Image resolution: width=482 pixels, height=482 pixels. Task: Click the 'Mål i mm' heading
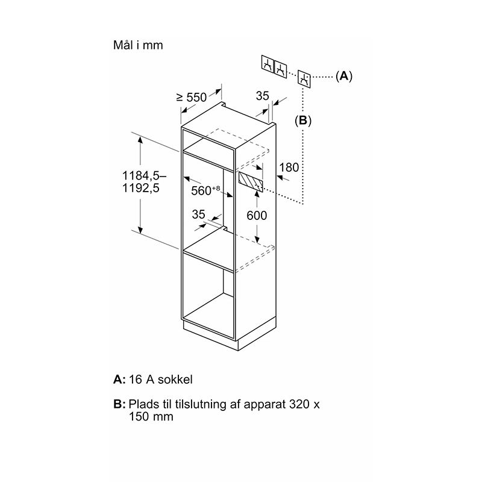pyautogui.click(x=138, y=45)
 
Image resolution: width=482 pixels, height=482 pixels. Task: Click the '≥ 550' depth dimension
pyautogui.click(x=192, y=98)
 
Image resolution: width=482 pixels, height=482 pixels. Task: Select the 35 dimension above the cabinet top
pyautogui.click(x=263, y=96)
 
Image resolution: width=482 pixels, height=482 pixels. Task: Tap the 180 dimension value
pyautogui.click(x=289, y=167)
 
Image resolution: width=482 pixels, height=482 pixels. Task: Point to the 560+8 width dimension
pyautogui.click(x=205, y=190)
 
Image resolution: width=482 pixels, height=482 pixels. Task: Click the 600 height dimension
pyautogui.click(x=257, y=216)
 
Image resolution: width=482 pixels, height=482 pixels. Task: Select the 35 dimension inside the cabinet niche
pyautogui.click(x=198, y=214)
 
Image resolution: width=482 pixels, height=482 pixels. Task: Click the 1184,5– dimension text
pyautogui.click(x=144, y=176)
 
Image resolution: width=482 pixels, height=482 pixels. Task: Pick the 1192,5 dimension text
pyautogui.click(x=141, y=188)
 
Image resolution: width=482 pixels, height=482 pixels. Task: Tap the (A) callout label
pyautogui.click(x=344, y=76)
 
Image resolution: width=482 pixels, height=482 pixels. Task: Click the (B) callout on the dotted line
pyautogui.click(x=303, y=120)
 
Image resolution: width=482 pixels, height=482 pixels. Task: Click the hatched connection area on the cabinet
pyautogui.click(x=251, y=181)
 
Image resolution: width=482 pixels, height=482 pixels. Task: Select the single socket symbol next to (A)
pyautogui.click(x=304, y=79)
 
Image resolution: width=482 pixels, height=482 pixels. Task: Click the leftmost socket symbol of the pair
pyautogui.click(x=268, y=64)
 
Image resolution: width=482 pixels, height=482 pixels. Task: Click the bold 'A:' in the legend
pyautogui.click(x=119, y=380)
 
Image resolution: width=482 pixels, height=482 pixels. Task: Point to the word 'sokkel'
pyautogui.click(x=175, y=380)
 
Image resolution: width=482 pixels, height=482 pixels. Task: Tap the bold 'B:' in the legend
pyautogui.click(x=119, y=404)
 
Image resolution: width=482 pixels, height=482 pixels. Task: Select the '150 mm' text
pyautogui.click(x=151, y=416)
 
